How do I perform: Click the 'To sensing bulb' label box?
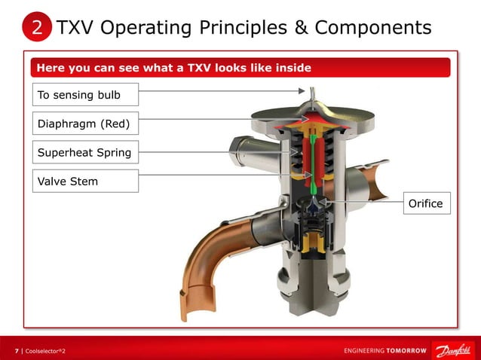pos(86,95)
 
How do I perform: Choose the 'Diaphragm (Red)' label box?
pos(86,123)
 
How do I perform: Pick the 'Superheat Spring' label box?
pos(86,153)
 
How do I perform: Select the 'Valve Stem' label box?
pos(86,181)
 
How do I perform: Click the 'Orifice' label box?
pos(425,203)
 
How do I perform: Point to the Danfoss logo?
pos(449,350)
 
